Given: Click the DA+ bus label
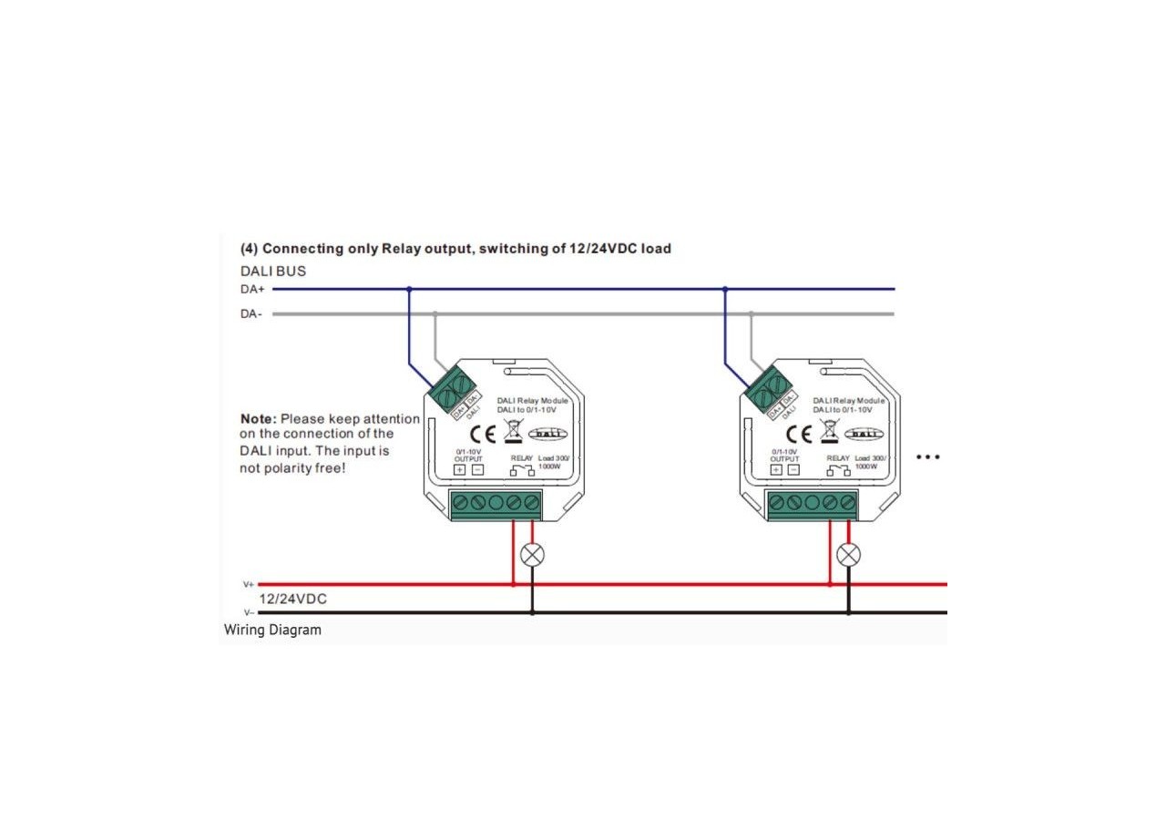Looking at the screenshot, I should coord(251,290).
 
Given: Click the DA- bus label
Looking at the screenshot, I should coord(251,314).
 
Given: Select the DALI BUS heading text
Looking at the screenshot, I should coord(272,271).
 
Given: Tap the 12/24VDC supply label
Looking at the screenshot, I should coord(292,599).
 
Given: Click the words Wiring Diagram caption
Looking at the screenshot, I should coord(272,630).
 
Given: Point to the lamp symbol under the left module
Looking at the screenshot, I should coord(532,554).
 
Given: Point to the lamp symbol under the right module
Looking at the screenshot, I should coord(848,554).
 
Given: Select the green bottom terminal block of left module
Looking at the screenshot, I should coord(496,503).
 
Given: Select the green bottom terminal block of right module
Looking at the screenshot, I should coord(813,503).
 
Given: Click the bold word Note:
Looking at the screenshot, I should coord(258,419).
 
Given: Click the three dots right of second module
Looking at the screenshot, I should coord(926,456).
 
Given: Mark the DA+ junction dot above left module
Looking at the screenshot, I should coord(409,290).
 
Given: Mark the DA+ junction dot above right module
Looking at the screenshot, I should coord(725,290).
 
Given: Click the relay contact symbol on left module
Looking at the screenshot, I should coord(524,471).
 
